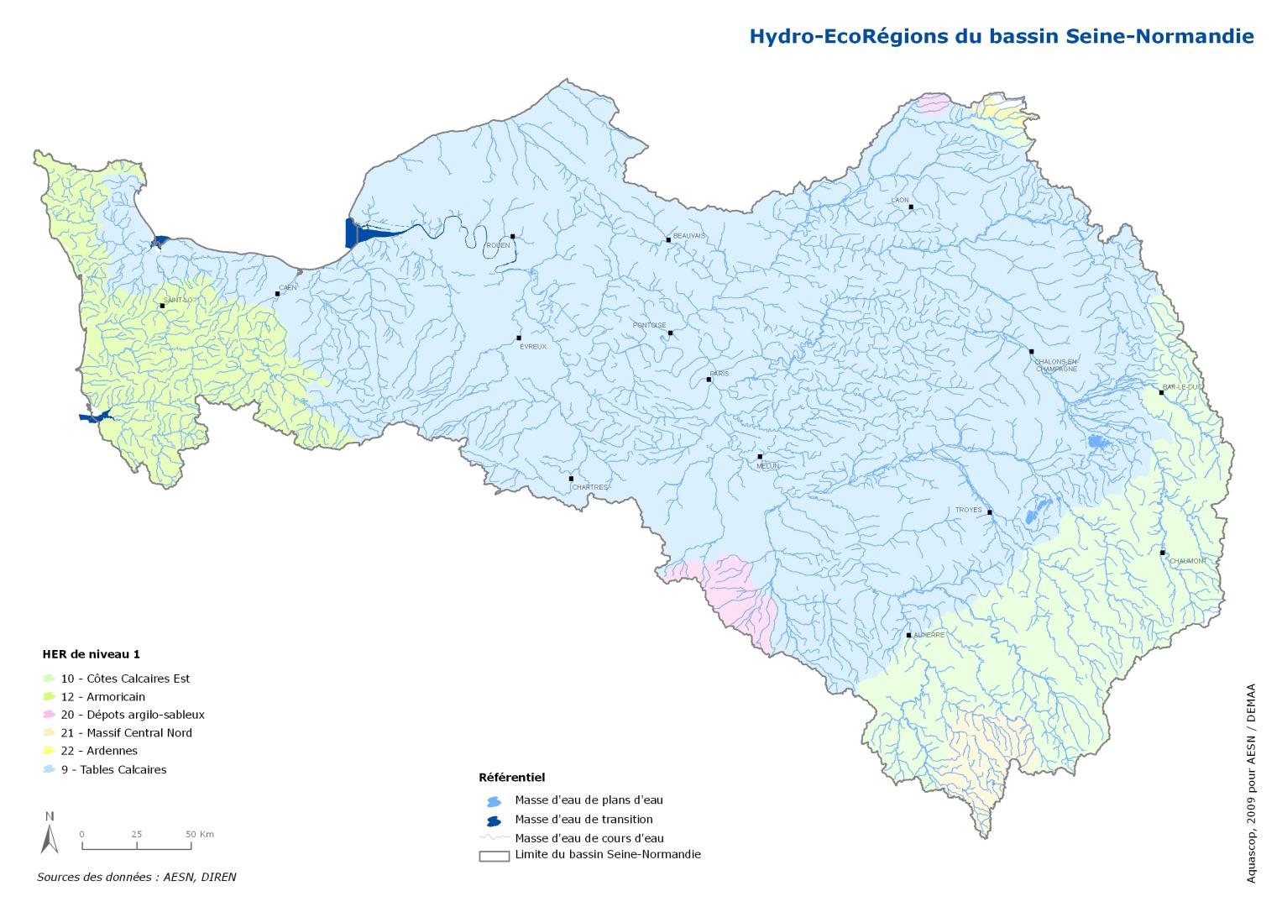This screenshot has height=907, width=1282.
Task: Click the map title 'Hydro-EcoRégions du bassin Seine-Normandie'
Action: coord(1001,36)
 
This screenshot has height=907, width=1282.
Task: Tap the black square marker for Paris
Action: coord(709,380)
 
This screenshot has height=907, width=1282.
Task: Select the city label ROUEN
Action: coord(498,245)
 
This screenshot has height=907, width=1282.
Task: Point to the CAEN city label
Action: coord(288,287)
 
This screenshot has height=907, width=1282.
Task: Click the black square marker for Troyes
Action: coord(990,512)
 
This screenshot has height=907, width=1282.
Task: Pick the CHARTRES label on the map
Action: coord(589,487)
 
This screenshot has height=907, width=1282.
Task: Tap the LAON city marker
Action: coord(911,207)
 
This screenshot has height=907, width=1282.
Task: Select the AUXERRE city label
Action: coord(929,635)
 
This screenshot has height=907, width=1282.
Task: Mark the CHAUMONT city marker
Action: coord(1163,553)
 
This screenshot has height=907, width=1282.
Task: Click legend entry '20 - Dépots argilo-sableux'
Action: coord(133,715)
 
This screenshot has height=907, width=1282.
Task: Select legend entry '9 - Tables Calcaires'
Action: coord(113,769)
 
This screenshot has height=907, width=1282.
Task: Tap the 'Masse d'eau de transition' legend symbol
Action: coord(493,820)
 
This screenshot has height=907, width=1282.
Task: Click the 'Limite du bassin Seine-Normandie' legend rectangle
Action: coord(494,857)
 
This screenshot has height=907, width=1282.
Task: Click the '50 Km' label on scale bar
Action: coord(201,834)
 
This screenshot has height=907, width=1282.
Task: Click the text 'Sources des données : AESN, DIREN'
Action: coord(137,877)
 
